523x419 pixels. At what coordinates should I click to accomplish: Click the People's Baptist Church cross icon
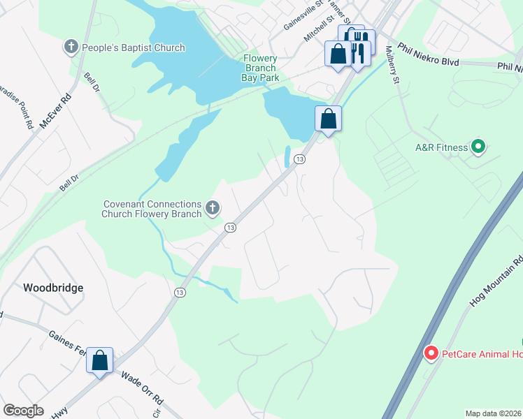(x=71, y=47)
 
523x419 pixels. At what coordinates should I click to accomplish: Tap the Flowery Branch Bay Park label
(x=260, y=68)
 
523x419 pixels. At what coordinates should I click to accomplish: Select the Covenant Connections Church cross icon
(x=213, y=207)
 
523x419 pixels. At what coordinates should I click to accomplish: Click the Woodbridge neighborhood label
(x=53, y=288)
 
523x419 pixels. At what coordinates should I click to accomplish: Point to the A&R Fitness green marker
(x=478, y=147)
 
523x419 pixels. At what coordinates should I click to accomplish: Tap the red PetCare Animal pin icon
(x=431, y=354)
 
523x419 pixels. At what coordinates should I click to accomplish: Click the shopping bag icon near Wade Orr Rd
(x=100, y=361)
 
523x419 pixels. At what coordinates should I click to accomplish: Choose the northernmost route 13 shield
(x=299, y=160)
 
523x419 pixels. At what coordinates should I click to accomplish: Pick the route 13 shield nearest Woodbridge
(x=180, y=293)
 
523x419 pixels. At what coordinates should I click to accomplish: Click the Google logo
(x=23, y=411)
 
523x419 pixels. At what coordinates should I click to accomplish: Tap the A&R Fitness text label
(x=441, y=147)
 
